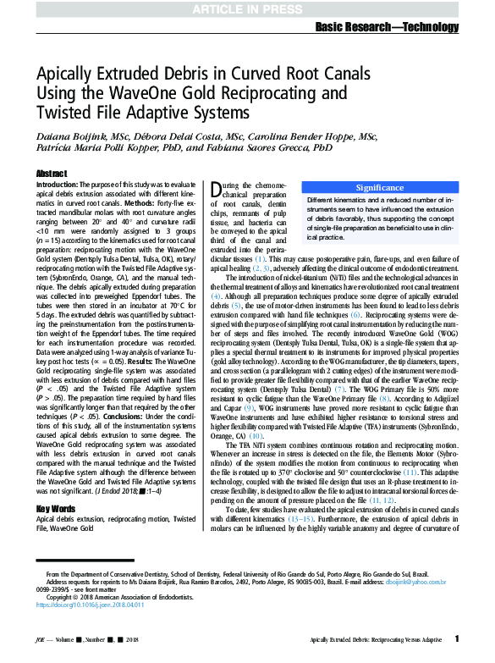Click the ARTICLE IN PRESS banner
pyautogui.click(x=247, y=9)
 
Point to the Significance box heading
pyautogui.click(x=379, y=187)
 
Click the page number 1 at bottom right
pyautogui.click(x=457, y=638)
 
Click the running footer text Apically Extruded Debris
pyautogui.click(x=376, y=639)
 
